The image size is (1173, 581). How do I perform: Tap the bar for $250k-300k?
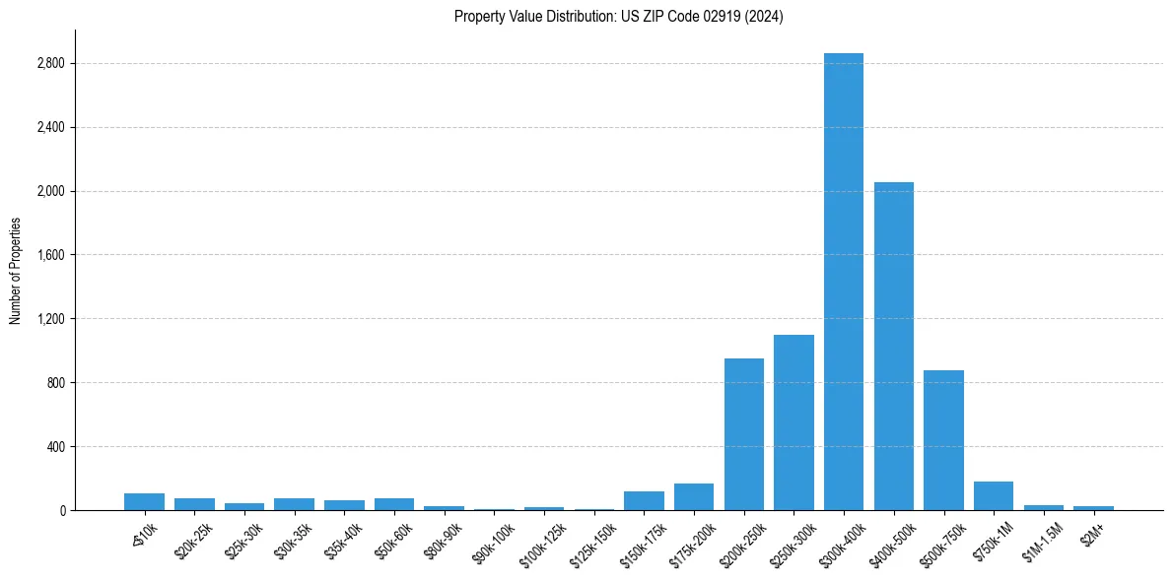(x=793, y=422)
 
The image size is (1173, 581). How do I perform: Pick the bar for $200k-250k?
(x=744, y=434)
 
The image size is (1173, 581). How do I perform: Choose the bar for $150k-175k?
(x=644, y=501)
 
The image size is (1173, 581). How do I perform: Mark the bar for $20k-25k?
(x=194, y=504)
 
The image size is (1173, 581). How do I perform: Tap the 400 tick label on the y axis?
(x=55, y=447)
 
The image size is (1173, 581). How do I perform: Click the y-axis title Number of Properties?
(x=15, y=271)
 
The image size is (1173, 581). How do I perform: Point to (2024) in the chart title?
(x=765, y=17)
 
